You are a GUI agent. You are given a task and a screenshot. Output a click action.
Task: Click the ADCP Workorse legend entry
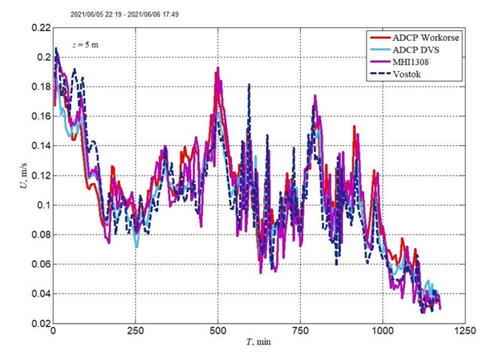click(427, 38)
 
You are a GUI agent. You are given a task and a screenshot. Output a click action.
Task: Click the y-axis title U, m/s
click(11, 175)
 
